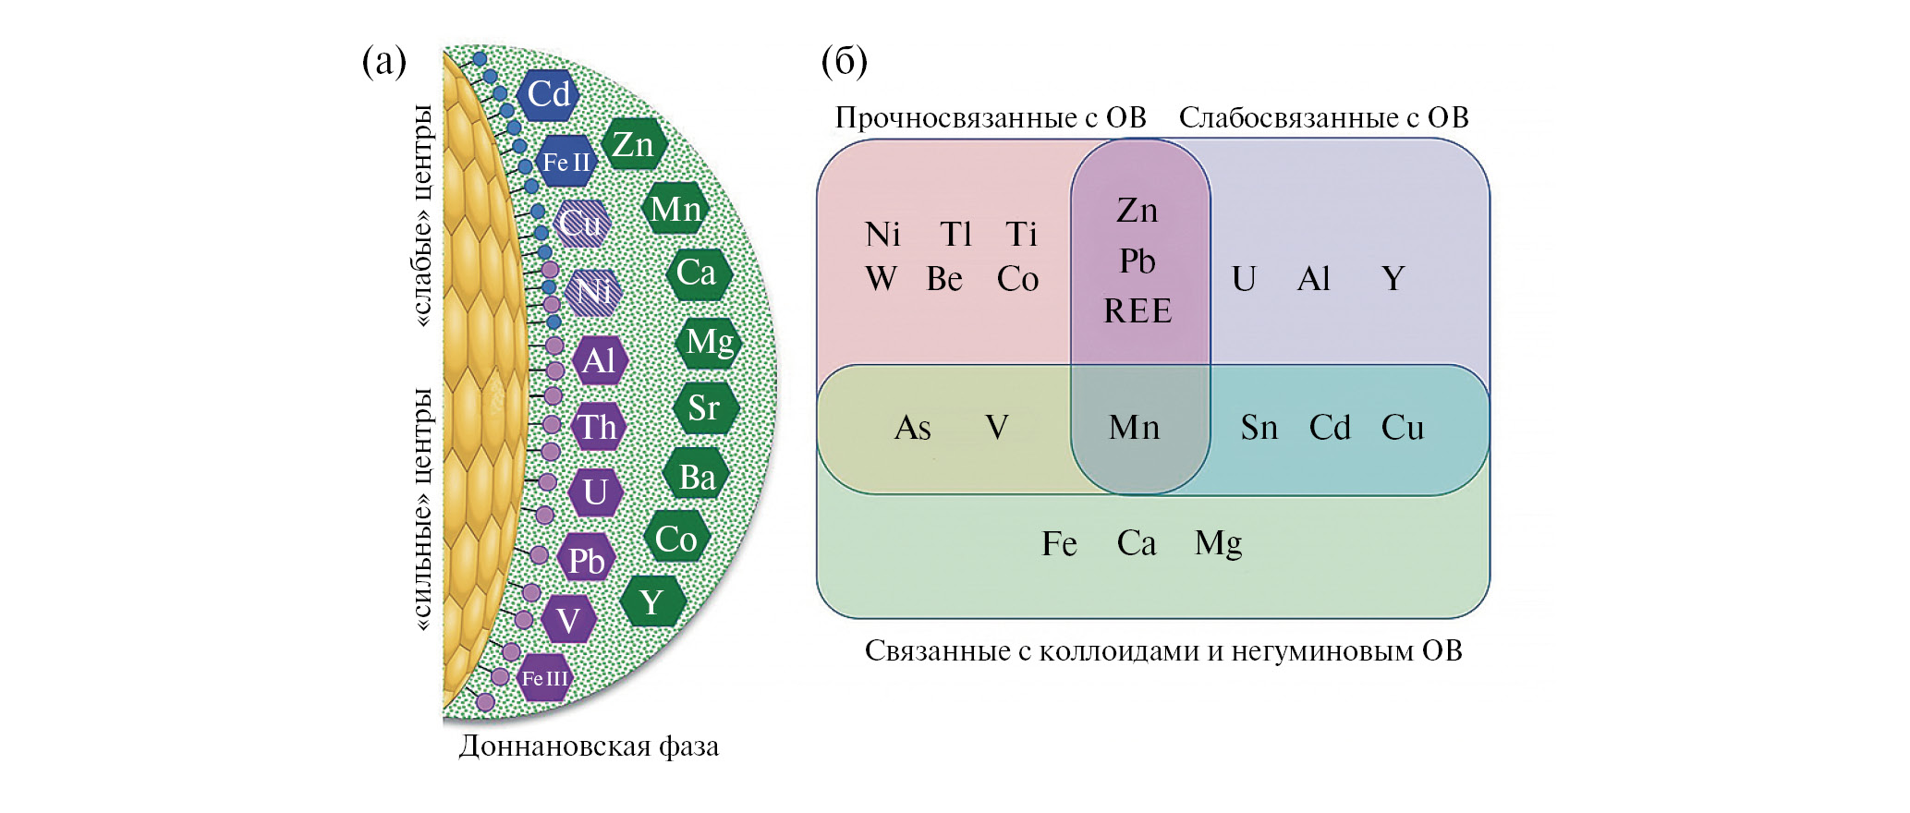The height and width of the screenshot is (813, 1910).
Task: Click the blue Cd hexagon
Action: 549,94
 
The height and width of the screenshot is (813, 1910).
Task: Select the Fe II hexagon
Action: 566,162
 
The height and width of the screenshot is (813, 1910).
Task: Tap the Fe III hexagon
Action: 544,678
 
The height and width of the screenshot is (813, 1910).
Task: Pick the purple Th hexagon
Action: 598,427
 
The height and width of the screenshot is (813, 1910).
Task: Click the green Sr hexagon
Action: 704,407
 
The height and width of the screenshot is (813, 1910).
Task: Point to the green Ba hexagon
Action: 697,477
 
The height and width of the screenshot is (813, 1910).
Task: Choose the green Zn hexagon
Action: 633,144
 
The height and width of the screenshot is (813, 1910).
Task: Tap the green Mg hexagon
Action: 710,342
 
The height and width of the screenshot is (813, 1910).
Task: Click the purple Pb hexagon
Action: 586,560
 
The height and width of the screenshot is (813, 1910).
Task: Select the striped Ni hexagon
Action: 592,292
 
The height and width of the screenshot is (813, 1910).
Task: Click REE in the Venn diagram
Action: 1137,311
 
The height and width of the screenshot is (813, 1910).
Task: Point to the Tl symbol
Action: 956,235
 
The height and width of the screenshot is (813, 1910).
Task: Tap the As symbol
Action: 912,428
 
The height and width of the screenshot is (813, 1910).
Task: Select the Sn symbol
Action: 1259,428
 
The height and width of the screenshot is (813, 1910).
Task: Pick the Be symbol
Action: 944,279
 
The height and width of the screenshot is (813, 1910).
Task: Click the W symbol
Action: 881,279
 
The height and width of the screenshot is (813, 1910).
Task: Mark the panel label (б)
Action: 844,62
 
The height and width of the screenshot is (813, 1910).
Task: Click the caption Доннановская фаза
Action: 589,746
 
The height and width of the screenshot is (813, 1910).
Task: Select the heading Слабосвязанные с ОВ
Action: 1323,117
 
